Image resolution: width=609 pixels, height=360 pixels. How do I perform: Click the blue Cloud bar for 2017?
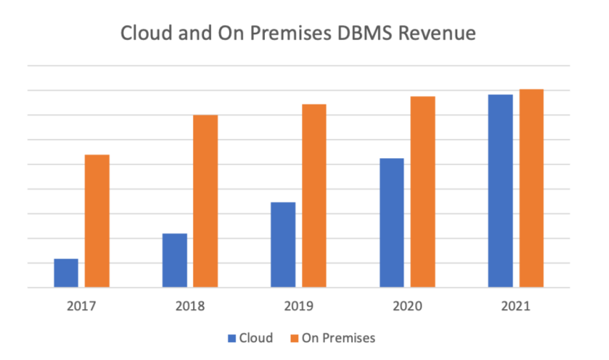coord(66,273)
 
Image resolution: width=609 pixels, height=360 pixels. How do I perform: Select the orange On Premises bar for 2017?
coord(97,220)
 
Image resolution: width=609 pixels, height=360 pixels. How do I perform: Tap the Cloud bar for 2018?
coord(175,261)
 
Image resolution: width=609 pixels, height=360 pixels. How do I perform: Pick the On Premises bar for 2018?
coord(205,201)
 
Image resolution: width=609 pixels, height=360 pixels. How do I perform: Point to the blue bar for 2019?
coord(283,245)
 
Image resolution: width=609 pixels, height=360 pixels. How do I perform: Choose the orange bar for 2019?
coord(314,195)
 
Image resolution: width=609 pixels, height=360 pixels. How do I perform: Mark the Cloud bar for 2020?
coord(391,223)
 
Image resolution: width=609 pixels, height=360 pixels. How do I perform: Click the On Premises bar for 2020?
coord(422,192)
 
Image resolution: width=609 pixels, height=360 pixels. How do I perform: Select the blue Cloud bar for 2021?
coord(500,191)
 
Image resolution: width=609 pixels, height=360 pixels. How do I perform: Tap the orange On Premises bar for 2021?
coord(531,188)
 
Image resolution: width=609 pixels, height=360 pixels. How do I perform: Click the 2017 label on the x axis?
coord(82,306)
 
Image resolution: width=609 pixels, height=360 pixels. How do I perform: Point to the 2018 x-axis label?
coord(190,306)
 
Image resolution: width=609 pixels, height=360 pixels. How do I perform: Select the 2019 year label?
coord(298,306)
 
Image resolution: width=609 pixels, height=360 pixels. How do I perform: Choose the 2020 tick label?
coord(407,306)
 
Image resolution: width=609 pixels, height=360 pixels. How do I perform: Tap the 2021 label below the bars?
coord(515,306)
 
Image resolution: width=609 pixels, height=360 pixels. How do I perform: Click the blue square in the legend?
coord(231,338)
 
